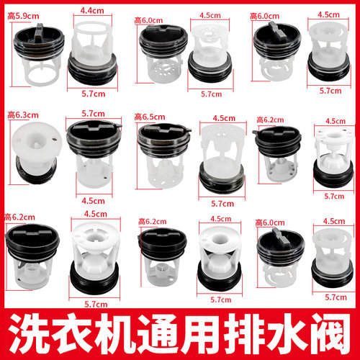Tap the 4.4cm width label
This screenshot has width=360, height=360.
tap(91, 11)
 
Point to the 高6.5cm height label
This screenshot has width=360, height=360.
tap(150, 114)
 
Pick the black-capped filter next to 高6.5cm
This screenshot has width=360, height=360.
tap(160, 151)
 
